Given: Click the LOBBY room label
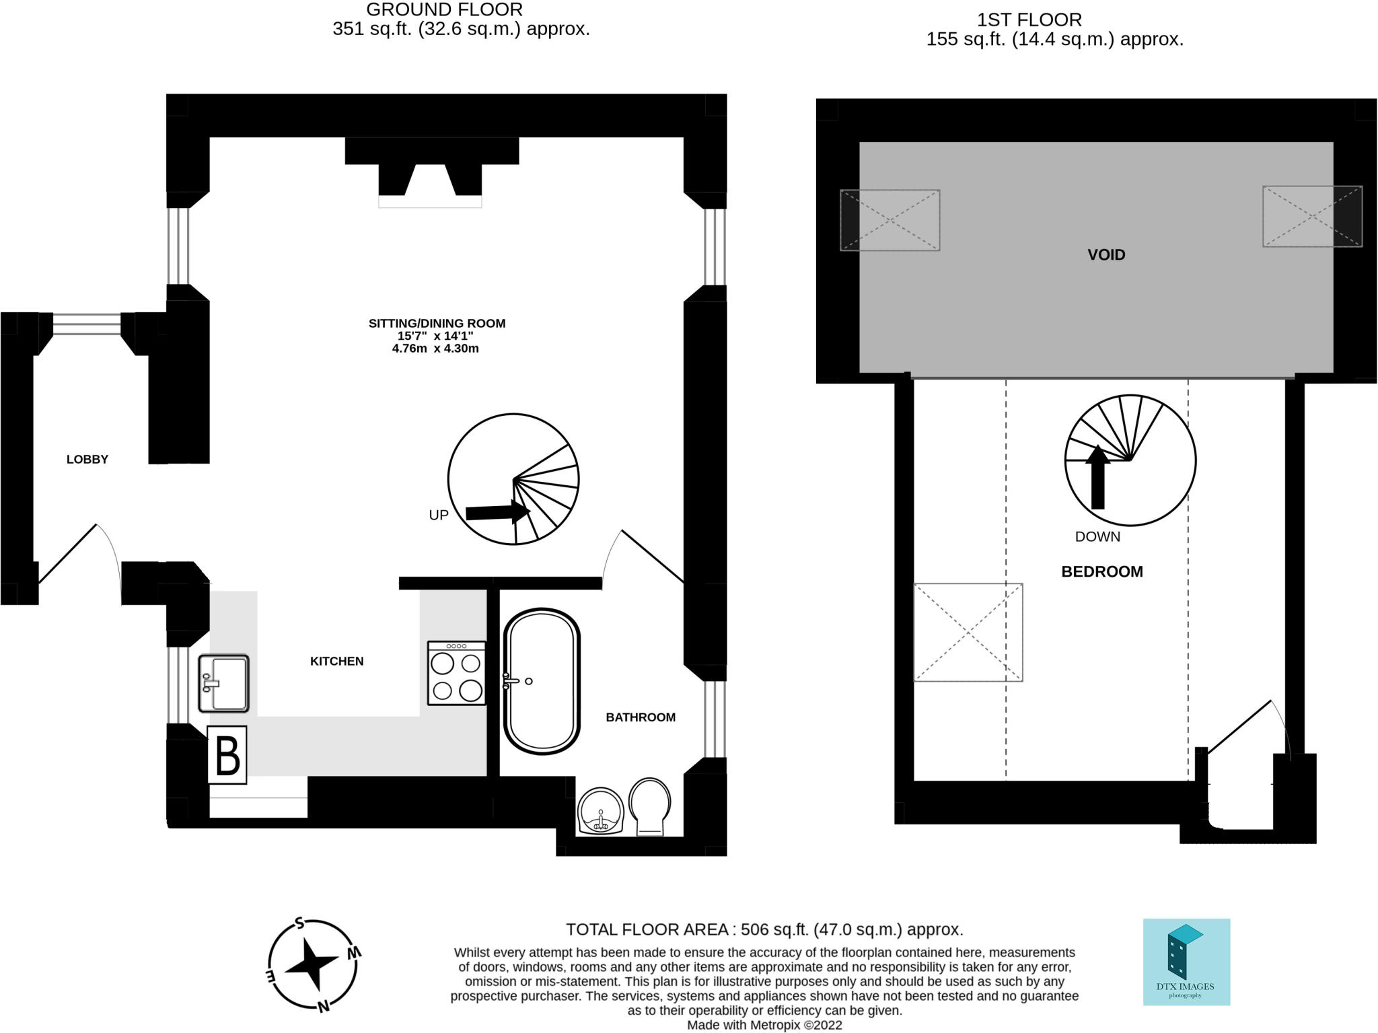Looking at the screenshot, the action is coord(87,460).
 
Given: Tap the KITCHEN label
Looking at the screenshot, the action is coord(337,662).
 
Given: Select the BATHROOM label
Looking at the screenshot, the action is coord(641,717).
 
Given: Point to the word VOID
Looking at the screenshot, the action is coord(1106,255).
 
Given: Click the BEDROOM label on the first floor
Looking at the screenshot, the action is coord(1102,572).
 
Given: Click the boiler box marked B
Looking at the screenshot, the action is coord(227,755).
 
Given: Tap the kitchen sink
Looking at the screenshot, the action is coord(223,684).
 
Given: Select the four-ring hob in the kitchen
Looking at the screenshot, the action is coord(456,673).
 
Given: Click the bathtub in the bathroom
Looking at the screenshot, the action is coord(542,681).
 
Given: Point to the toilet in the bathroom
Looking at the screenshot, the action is coord(650,807).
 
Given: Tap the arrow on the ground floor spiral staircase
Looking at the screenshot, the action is coord(499,512).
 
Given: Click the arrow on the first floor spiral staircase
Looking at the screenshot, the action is coord(1097,477).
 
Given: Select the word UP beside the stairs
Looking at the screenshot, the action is coord(439,515).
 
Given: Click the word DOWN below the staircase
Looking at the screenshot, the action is coord(1097,537).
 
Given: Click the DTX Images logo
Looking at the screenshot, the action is coord(1186,962).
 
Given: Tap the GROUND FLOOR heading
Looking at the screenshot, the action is coord(444,9).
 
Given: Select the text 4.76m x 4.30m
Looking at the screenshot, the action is coord(435,349).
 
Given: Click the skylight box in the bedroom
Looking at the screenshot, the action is coord(968,633).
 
